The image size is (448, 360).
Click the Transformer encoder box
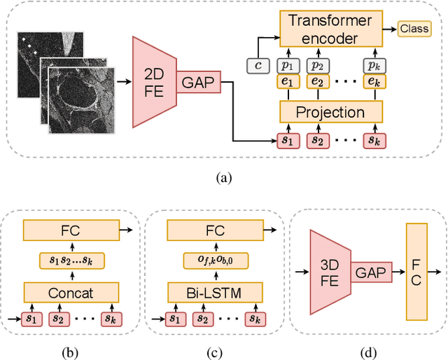(332, 29)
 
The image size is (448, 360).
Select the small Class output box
(414, 29)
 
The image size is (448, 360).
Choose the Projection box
(332, 112)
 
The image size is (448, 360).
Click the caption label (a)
(223, 178)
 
